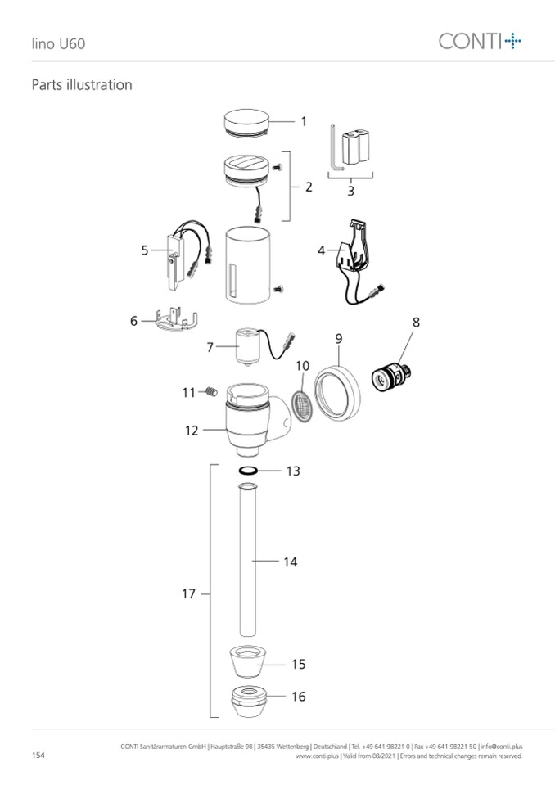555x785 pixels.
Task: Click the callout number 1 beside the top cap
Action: click(303, 121)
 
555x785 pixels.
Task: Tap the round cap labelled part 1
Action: click(246, 123)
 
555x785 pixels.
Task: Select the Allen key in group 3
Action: click(336, 149)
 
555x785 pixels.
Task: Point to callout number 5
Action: click(145, 250)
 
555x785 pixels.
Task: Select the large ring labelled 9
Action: click(337, 394)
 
